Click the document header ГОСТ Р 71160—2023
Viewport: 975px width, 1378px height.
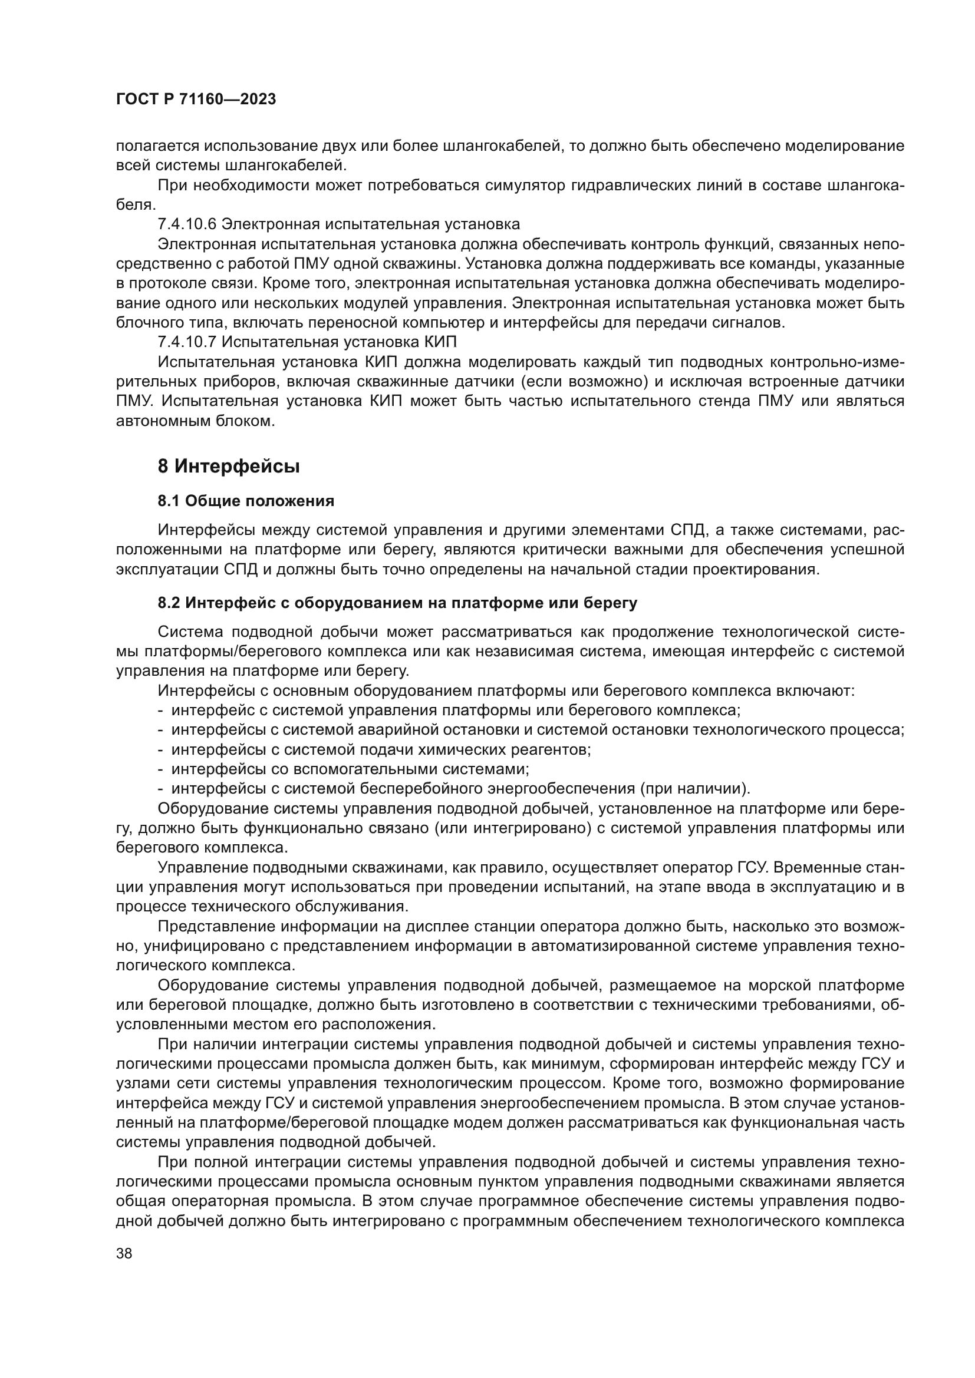coord(196,100)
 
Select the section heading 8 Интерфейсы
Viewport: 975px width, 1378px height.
coord(228,467)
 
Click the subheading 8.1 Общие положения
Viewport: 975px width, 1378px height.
coord(246,501)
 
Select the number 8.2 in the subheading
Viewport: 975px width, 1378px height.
coord(169,603)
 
